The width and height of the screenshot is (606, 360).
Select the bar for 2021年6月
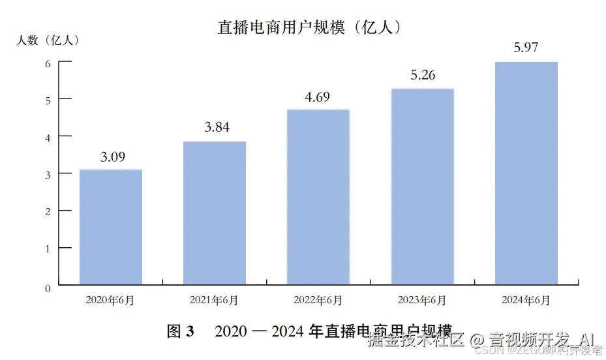215,213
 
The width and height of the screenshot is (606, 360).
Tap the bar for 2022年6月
318,197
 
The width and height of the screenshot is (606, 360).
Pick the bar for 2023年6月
422,187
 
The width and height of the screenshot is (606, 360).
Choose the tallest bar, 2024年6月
526,173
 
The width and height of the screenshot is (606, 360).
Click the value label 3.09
112,157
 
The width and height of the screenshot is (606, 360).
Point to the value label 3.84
217,128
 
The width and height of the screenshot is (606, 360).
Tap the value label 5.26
422,75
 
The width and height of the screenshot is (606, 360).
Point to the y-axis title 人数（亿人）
49,40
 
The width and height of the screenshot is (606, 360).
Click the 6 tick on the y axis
48,63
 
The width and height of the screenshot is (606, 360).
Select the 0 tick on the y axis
48,287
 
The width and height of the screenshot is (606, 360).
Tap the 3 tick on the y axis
48,173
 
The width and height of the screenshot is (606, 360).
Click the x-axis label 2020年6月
110,301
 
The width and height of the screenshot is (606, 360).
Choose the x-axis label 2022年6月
318,301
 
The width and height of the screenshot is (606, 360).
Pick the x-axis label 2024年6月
526,301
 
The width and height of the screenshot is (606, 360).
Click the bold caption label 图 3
181,331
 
